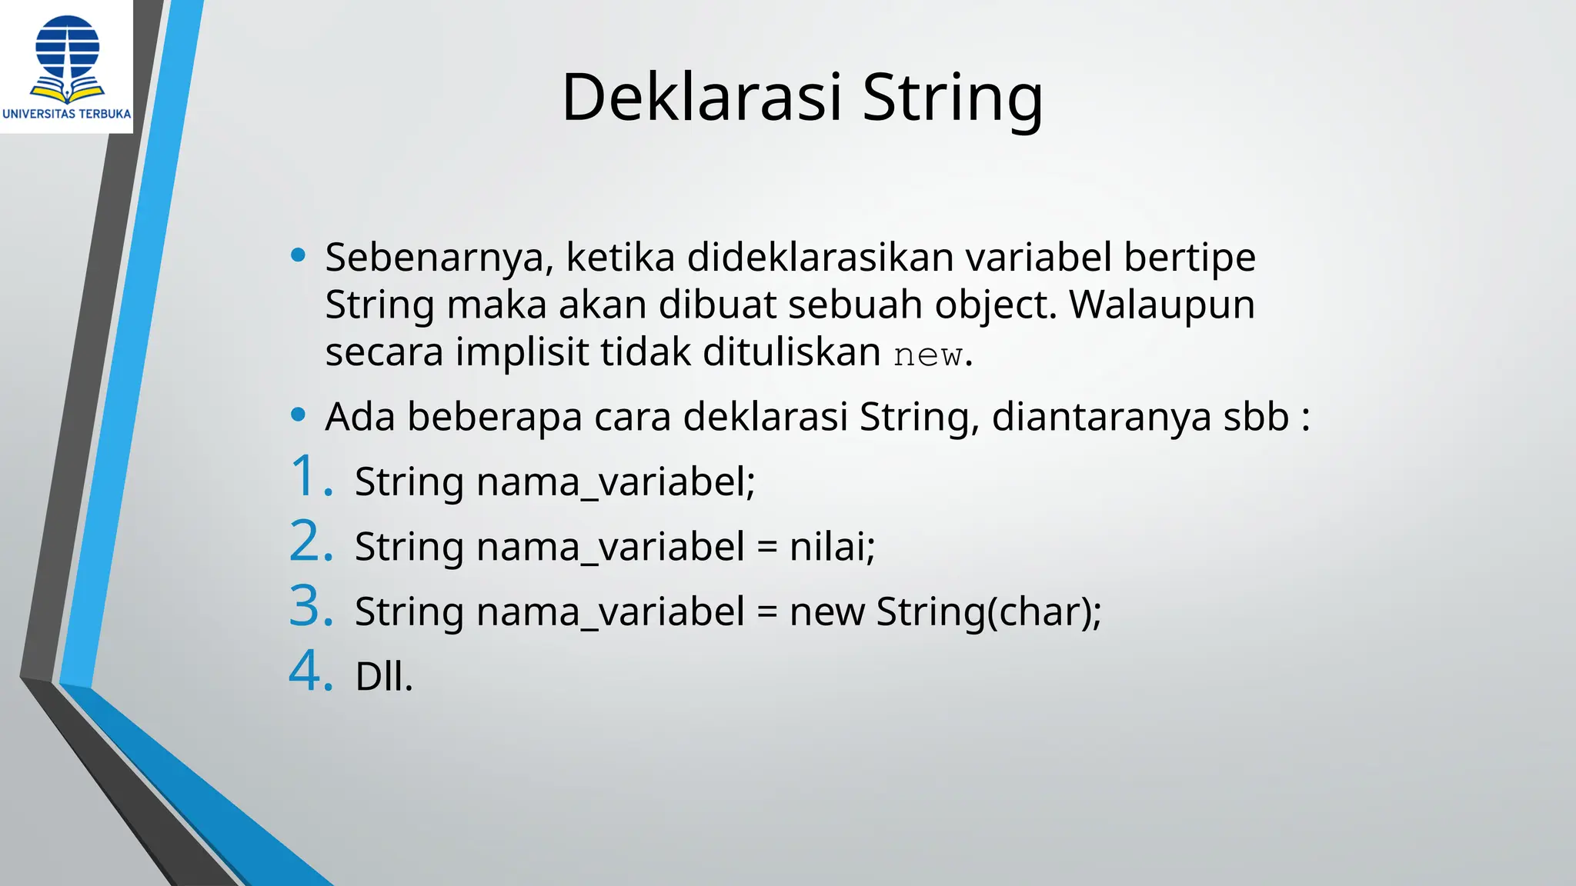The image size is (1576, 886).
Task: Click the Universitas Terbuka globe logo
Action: (68, 58)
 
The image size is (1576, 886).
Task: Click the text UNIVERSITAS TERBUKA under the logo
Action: (67, 114)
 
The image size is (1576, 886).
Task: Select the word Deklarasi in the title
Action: (701, 98)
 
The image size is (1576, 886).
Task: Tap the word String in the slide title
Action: (952, 98)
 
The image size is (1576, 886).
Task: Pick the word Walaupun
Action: (1162, 305)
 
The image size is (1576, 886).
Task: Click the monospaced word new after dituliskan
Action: (928, 355)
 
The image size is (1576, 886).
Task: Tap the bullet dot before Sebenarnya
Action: (299, 255)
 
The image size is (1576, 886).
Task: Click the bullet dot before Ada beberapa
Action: (299, 415)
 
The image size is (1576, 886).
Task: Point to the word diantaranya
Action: (1101, 417)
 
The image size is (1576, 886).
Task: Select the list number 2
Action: (310, 541)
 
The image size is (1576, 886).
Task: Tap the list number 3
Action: (310, 607)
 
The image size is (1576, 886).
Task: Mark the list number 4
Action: (310, 671)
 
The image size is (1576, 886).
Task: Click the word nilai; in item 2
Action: (832, 547)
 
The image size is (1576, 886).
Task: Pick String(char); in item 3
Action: (988, 613)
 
